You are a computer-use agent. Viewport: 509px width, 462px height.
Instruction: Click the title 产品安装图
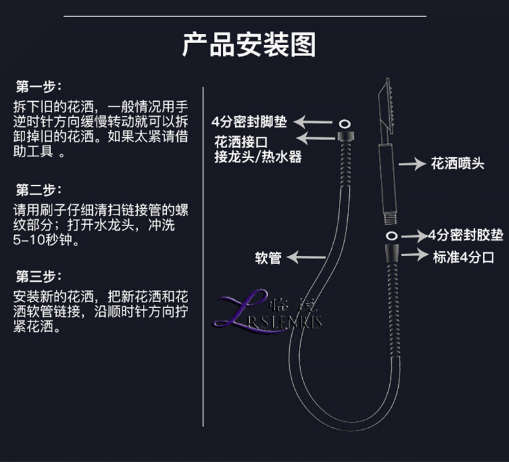coord(249,44)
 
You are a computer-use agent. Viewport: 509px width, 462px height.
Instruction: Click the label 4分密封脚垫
coord(249,122)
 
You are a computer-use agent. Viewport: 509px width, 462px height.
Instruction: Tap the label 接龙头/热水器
coord(258,157)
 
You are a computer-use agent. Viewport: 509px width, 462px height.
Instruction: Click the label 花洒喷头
coord(457,164)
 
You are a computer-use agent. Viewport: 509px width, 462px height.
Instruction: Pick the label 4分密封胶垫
coord(466,235)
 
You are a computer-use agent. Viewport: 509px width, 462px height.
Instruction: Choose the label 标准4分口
coord(463,257)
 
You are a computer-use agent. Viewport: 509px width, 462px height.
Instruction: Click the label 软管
coord(267,258)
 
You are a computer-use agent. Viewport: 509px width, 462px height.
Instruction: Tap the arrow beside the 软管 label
coord(306,258)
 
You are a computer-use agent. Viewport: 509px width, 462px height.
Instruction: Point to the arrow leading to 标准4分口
coord(415,256)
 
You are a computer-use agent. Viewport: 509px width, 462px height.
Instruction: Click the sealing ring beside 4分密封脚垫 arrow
coord(344,122)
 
